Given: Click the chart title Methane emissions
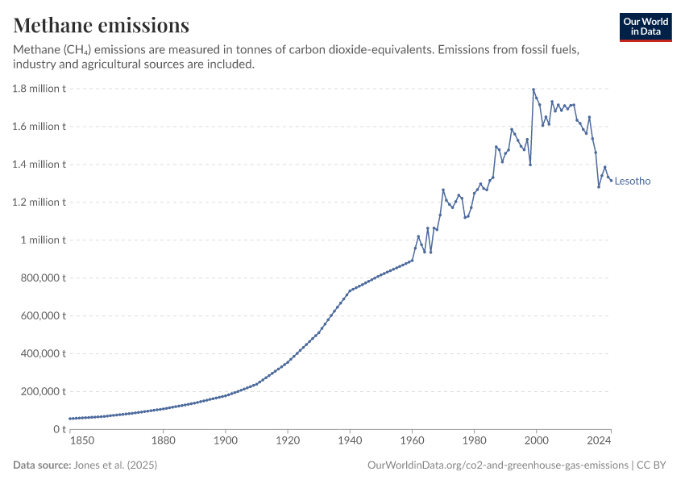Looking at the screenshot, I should [x=102, y=26].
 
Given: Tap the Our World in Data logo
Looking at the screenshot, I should [x=646, y=27].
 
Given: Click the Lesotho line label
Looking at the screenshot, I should [x=633, y=181].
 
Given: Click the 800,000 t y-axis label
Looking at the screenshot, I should [x=44, y=278].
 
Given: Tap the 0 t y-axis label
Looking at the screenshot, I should [x=58, y=430].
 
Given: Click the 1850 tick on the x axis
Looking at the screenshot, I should [x=82, y=441].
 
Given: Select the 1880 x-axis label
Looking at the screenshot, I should [x=164, y=441].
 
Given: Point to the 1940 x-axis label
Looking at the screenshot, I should [x=350, y=441].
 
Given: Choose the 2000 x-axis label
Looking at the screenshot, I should [x=537, y=441].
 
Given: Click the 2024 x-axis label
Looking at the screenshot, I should [x=600, y=441].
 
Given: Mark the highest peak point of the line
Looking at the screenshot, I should [x=533, y=90].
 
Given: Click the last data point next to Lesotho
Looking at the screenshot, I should [x=611, y=180].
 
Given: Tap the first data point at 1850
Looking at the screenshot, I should [x=70, y=419].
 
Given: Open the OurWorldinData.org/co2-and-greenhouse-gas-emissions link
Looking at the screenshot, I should [x=497, y=465].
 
